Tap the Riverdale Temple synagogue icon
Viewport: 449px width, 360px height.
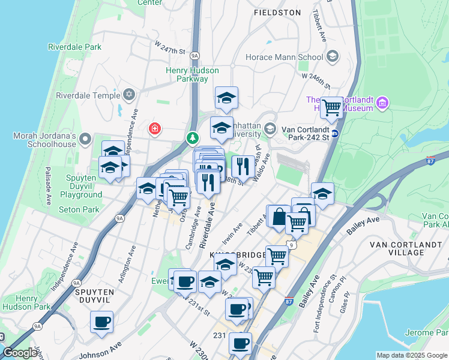(x=128, y=95)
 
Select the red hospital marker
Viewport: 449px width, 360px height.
(x=155, y=128)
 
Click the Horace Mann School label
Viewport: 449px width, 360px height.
(x=285, y=58)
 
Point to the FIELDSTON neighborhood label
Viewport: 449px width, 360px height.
(x=277, y=12)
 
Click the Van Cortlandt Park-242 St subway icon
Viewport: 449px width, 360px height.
(x=335, y=133)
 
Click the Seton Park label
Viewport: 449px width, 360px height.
(x=79, y=209)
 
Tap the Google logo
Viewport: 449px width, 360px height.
(x=19, y=353)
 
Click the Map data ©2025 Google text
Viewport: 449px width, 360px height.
(x=412, y=355)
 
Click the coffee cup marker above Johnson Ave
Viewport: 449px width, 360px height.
(x=101, y=321)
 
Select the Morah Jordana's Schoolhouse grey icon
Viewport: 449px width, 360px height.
(x=85, y=140)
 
